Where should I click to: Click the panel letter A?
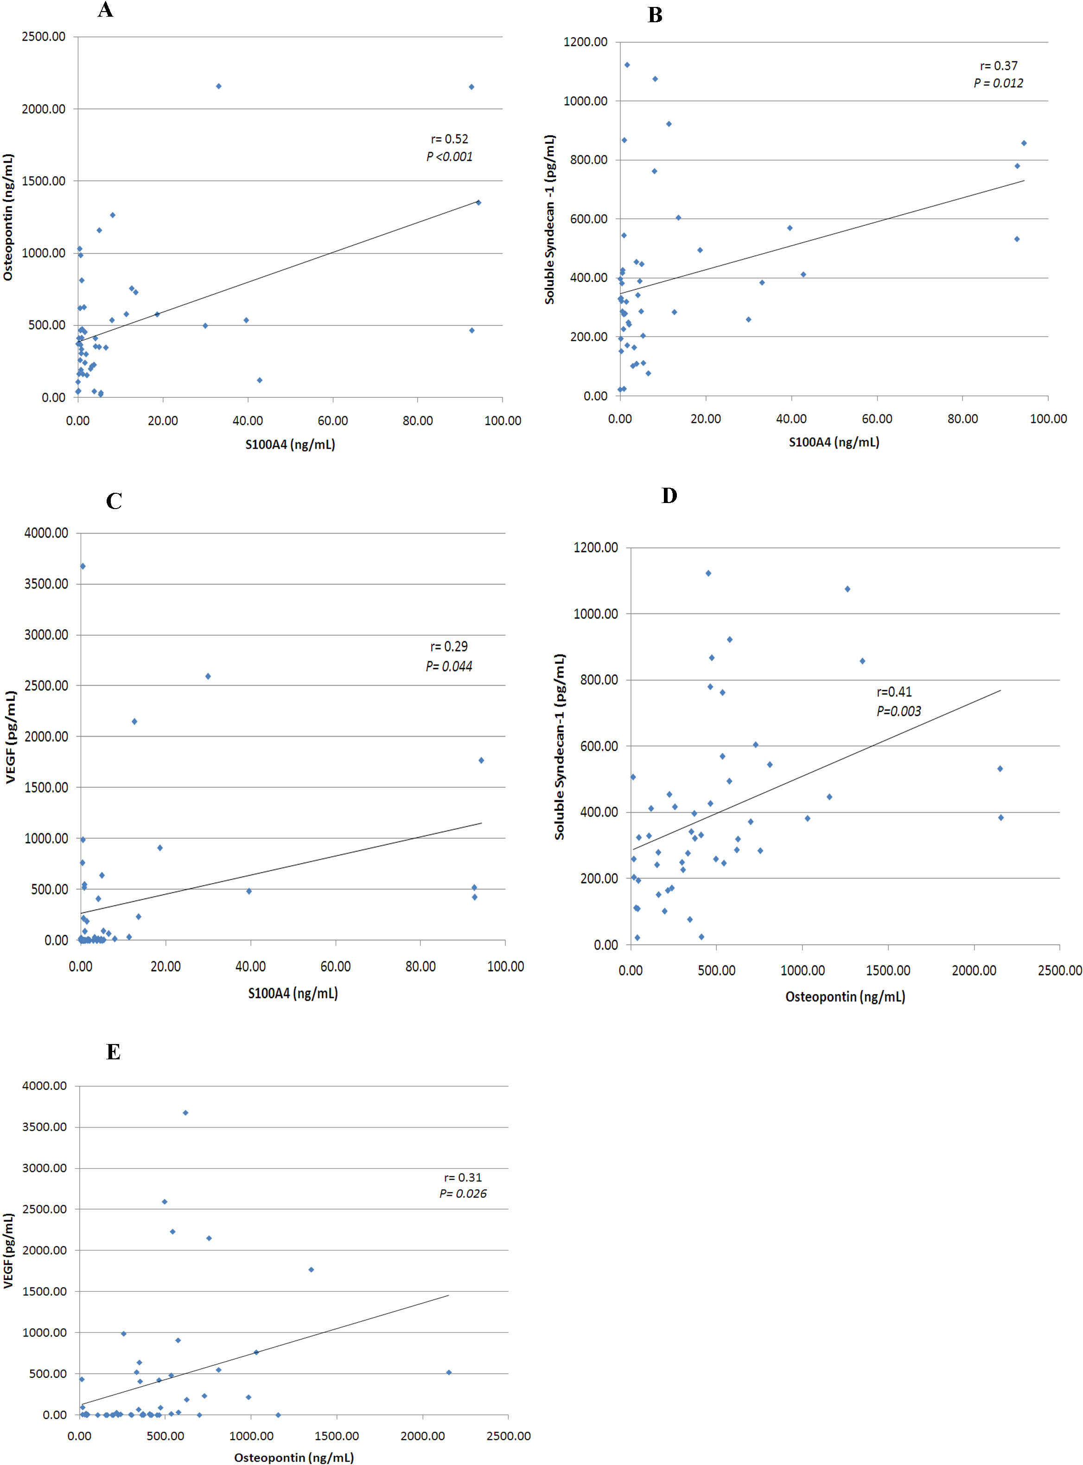(105, 10)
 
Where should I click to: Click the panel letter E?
(114, 1052)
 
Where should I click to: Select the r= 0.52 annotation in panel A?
(449, 139)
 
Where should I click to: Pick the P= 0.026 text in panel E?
(463, 1194)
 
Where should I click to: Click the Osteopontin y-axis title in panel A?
(8, 217)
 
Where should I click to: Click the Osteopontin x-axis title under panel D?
(845, 996)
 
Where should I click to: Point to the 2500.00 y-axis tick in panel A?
(43, 37)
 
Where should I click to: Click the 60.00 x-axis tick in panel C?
(335, 966)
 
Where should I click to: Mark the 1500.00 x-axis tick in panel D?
(888, 970)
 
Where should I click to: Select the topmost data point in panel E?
(185, 1112)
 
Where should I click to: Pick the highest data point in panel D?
(708, 573)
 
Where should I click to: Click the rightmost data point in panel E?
(448, 1372)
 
